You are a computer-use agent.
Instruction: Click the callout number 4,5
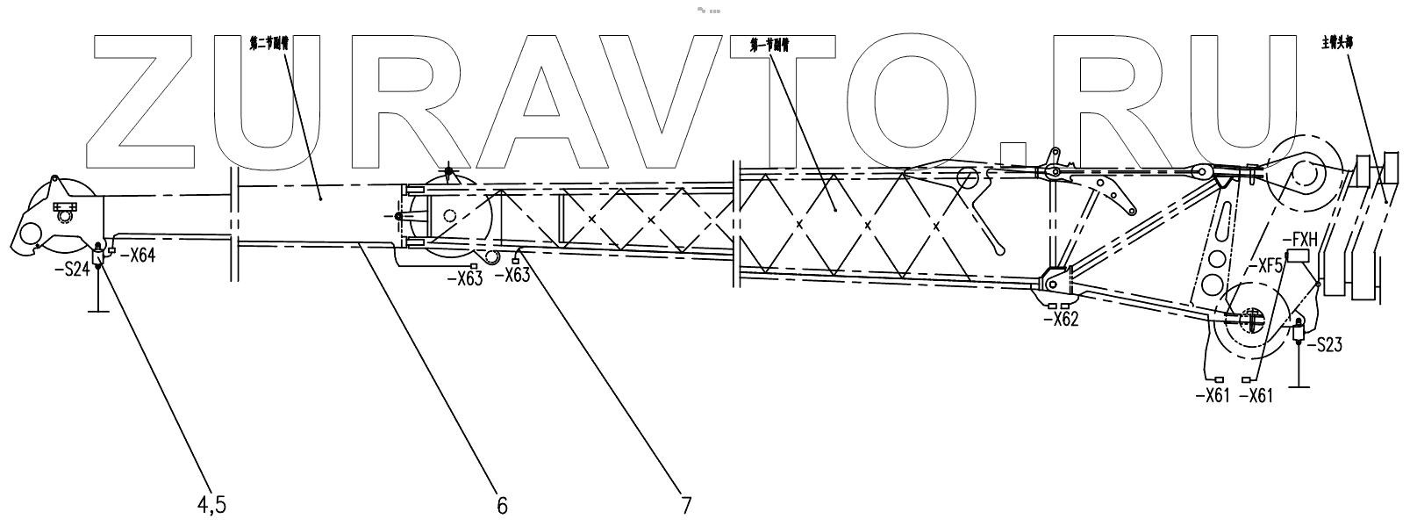click(x=211, y=505)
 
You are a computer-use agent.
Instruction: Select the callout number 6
click(x=502, y=505)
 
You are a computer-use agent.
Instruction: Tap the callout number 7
click(x=685, y=505)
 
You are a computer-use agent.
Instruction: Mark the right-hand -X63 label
click(x=513, y=275)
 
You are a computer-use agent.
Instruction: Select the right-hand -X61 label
click(x=1261, y=395)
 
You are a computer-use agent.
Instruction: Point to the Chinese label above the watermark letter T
click(x=770, y=42)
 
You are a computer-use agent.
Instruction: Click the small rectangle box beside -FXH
click(x=1297, y=256)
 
